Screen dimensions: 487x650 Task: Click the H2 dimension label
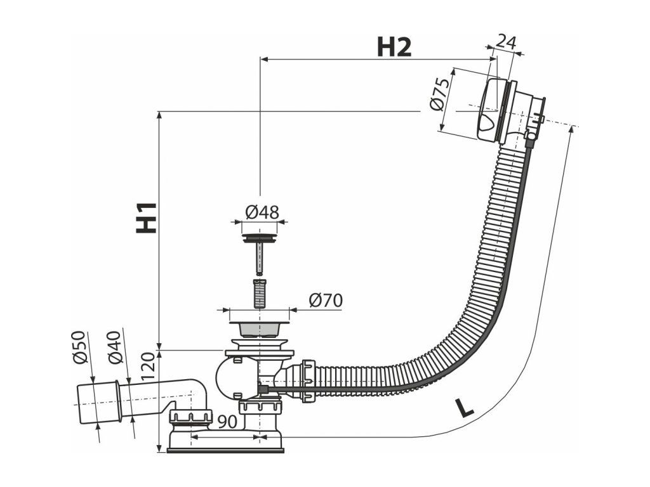pos(394,47)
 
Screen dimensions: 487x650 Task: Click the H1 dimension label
pos(147,217)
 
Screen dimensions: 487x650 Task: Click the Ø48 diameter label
pos(262,212)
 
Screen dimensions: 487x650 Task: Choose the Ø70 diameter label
pos(326,300)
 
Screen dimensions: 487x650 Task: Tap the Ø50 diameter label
pos(79,347)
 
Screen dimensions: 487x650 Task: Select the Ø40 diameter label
pos(115,347)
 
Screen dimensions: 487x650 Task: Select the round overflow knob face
pos(490,111)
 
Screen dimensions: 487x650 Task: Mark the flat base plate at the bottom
pos(225,450)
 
